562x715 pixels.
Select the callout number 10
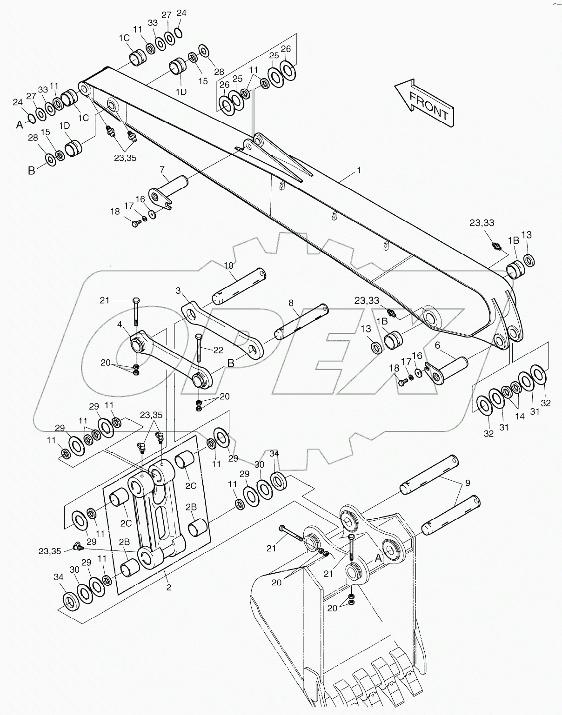click(228, 265)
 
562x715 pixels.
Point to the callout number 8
click(291, 303)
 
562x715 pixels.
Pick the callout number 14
click(520, 416)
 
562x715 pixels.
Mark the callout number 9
click(468, 483)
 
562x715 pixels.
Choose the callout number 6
click(437, 345)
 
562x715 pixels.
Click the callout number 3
click(178, 291)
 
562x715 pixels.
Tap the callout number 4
click(120, 325)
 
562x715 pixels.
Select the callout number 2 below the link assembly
click(169, 588)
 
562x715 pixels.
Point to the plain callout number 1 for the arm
click(359, 170)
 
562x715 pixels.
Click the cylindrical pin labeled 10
click(240, 285)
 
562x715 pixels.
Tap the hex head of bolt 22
click(199, 337)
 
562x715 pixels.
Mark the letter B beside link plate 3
click(231, 363)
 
